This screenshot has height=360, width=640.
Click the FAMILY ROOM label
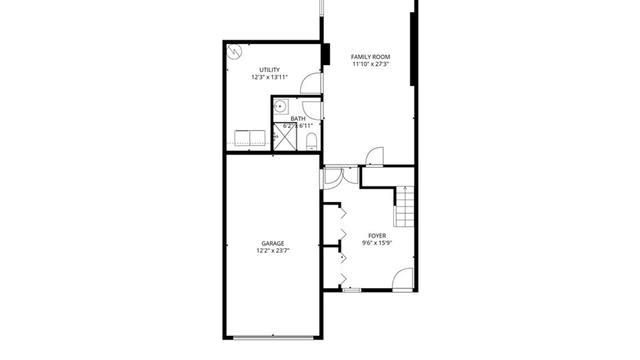(x=370, y=57)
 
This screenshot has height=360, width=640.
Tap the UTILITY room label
(x=269, y=70)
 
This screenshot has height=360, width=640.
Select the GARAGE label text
(x=273, y=244)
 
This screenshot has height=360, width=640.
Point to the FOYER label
(x=377, y=236)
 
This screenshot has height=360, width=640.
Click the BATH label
(x=298, y=119)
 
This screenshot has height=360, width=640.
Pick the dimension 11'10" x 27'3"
(x=370, y=64)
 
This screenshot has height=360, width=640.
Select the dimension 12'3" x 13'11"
(x=269, y=77)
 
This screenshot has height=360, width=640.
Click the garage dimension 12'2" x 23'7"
(x=273, y=251)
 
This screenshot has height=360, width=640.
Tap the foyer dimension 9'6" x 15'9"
(x=377, y=243)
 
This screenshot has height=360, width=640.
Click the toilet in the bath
(x=311, y=142)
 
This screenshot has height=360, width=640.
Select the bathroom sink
(x=280, y=107)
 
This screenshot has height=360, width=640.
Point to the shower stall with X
(x=285, y=137)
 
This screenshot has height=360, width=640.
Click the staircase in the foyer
(x=404, y=207)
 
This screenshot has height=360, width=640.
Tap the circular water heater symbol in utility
(x=234, y=52)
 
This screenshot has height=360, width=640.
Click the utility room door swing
(x=311, y=83)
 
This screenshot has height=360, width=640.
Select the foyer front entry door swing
(x=403, y=279)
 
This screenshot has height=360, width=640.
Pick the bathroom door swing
(x=312, y=110)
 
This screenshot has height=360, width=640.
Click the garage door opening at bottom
(x=273, y=337)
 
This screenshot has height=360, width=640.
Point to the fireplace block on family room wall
(x=326, y=54)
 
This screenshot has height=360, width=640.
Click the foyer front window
(x=352, y=290)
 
